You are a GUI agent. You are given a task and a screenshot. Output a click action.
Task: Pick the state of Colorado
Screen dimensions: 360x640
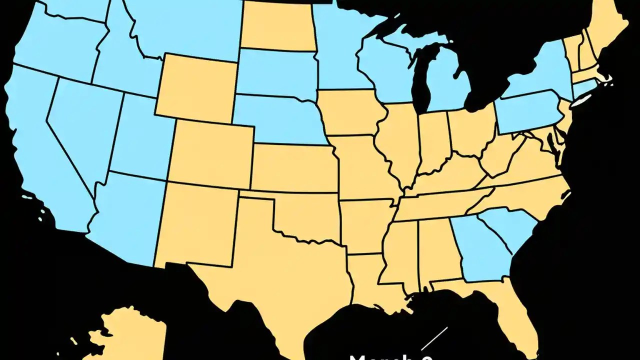pyautogui.click(x=212, y=152)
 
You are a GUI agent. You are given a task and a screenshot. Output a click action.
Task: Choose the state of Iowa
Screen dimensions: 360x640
pyautogui.click(x=350, y=112)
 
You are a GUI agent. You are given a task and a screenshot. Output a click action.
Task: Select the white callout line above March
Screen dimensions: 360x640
pyautogui.click(x=434, y=339)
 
